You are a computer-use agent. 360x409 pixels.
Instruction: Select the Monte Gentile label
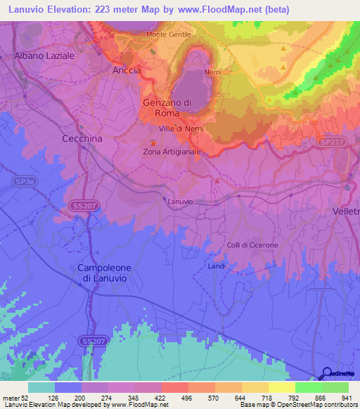169,34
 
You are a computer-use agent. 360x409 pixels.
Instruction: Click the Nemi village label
212,72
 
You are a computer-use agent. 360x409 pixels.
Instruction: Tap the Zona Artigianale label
172,151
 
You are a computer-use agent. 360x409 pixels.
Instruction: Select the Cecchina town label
82,138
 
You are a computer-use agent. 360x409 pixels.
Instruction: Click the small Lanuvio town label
181,202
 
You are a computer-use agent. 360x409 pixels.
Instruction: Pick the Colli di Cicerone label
252,245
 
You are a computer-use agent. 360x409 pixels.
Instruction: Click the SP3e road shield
22,181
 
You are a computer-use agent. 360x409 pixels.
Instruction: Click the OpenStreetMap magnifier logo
327,373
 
